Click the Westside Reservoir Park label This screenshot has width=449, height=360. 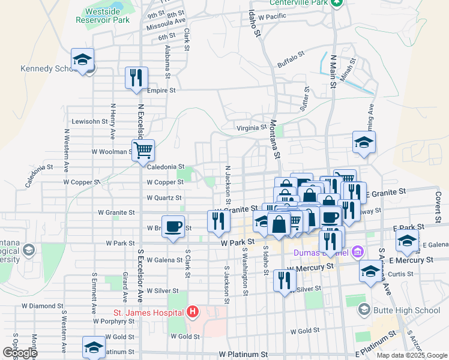pos(103,15)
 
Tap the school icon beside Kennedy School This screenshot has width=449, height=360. pos(82,59)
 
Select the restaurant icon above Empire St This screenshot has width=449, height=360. pos(136,77)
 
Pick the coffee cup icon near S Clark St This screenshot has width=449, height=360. pos(173,226)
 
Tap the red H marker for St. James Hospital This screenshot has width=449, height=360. pos(192,311)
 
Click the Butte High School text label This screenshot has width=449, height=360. pos(399,310)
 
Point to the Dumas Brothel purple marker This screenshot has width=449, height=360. pos(358,251)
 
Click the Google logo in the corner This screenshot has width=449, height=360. pos(19,353)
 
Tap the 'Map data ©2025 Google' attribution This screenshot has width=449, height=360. pos(412,355)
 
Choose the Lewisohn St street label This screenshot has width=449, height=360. pos(89,121)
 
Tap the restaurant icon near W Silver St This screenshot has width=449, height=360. pos(284,280)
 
